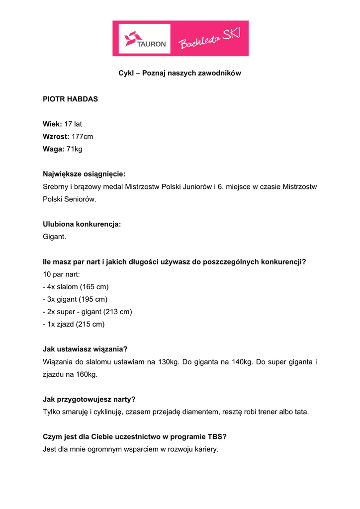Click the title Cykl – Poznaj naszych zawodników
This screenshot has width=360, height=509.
180,73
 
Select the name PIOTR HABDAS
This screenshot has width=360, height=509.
70,99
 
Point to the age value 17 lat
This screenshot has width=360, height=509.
73,124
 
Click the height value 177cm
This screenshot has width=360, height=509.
82,136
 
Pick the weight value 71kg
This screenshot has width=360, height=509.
74,149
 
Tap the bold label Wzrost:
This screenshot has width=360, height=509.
55,136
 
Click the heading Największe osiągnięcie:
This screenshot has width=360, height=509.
84,174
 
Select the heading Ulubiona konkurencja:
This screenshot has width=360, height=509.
82,224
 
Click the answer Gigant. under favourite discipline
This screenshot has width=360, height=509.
54,237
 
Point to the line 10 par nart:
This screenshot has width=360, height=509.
61,274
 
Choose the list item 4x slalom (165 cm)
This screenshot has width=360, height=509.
76,287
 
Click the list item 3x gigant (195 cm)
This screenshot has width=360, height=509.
75,299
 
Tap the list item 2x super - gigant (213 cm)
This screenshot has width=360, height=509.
87,312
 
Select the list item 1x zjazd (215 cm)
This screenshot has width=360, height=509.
74,324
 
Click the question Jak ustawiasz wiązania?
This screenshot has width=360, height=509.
85,349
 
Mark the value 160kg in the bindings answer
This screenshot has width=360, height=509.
87,374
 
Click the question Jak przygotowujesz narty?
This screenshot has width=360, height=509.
89,399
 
